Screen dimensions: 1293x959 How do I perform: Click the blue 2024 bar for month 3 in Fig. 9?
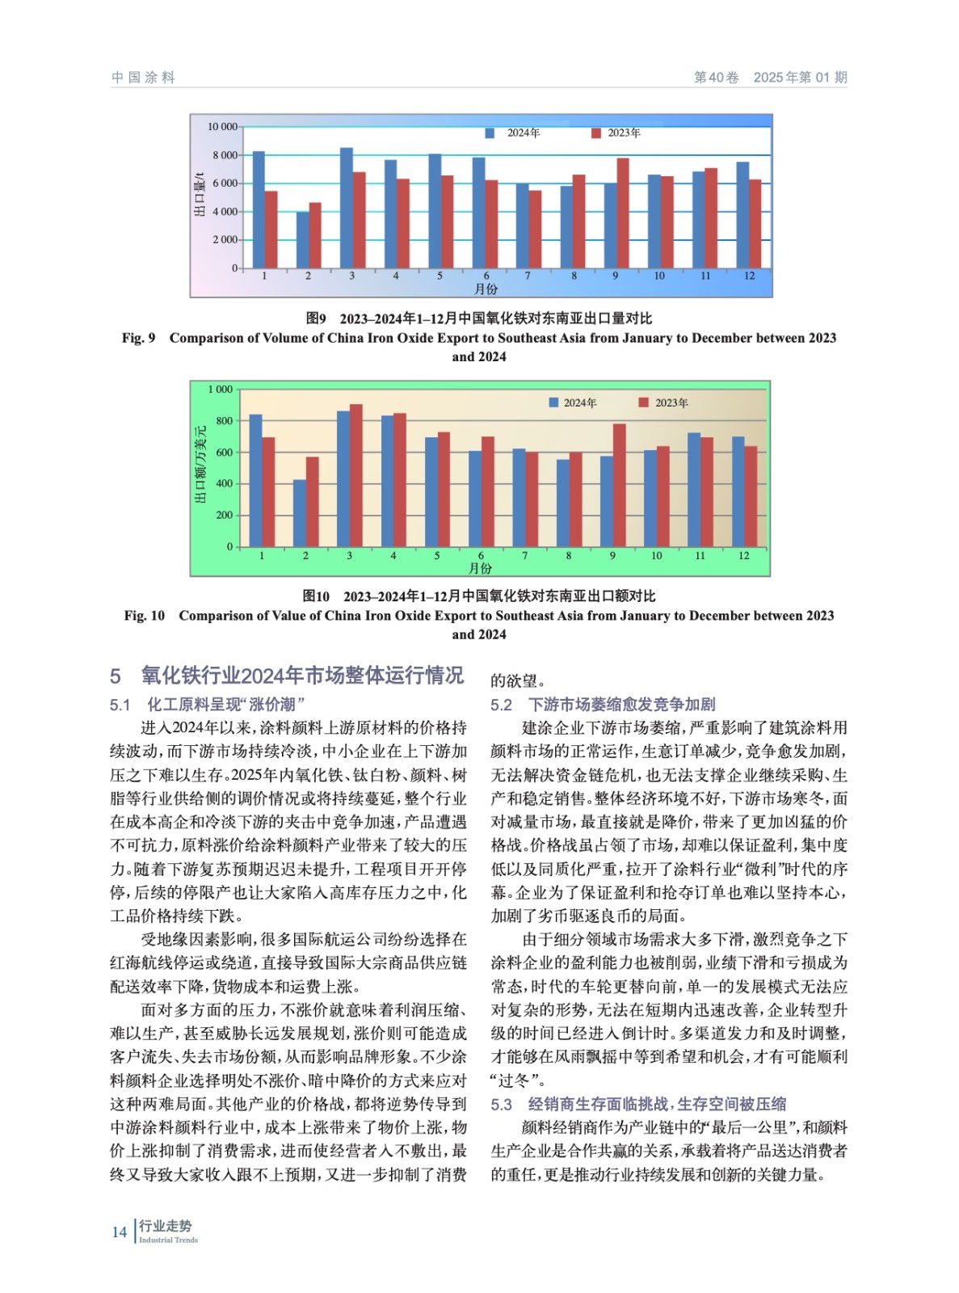tap(346, 208)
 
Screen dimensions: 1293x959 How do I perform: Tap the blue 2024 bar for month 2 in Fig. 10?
tap(299, 513)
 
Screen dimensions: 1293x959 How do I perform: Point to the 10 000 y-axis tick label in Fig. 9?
tap(222, 127)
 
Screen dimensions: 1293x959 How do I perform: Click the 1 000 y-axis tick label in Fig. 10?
tap(220, 390)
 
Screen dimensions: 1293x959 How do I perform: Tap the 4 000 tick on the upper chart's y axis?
tap(225, 212)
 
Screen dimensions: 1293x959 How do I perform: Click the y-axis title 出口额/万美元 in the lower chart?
tap(200, 464)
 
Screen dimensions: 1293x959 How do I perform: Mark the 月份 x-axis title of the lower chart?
tap(481, 568)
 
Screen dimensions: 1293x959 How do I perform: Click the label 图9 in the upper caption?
tap(316, 318)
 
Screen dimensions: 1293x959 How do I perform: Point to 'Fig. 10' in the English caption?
tap(144, 616)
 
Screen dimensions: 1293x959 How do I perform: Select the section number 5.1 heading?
tap(120, 705)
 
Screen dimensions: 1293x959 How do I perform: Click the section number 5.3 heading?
tap(501, 1104)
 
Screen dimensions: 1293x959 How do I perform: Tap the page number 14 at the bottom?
tap(120, 1232)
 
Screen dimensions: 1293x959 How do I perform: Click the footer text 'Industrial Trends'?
tap(168, 1240)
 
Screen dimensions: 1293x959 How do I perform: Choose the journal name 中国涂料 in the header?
tap(143, 78)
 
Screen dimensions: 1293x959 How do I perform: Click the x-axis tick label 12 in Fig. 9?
tap(749, 276)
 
